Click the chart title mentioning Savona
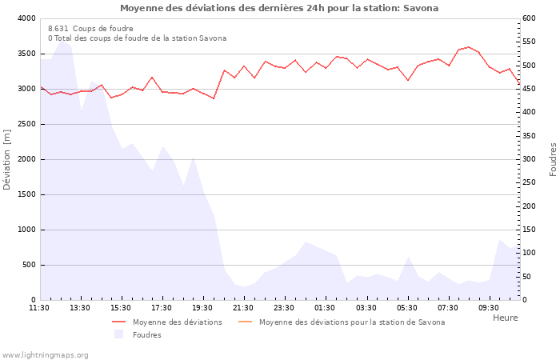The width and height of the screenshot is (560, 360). coord(279,8)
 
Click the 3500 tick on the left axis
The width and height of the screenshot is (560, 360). coord(26,54)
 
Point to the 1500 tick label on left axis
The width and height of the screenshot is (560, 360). coord(26,194)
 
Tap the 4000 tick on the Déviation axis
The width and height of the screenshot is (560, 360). coord(26,18)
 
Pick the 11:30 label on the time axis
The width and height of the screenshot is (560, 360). coord(39,308)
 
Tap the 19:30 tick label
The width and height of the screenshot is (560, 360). coord(203,308)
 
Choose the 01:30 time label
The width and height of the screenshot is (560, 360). coord(326,308)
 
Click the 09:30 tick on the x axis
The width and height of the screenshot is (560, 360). coord(489,308)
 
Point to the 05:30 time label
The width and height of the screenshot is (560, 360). coord(407,308)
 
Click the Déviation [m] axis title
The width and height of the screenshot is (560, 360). coord(8,160)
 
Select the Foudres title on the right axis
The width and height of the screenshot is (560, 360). coord(553,159)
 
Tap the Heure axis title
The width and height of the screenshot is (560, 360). coord(505,318)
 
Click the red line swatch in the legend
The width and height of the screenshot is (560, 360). coord(119,322)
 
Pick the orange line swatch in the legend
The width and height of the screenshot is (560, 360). coord(245,322)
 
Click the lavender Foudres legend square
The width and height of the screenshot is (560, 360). coord(119,334)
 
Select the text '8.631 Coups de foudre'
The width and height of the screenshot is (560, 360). coord(90,29)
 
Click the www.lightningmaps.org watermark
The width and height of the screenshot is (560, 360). coord(45,354)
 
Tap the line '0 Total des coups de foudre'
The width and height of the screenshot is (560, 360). coord(137,38)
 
